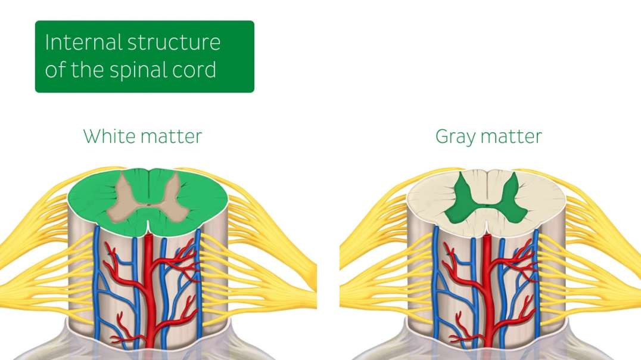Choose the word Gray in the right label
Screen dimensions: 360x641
(x=457, y=136)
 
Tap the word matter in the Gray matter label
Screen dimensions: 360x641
(x=514, y=136)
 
